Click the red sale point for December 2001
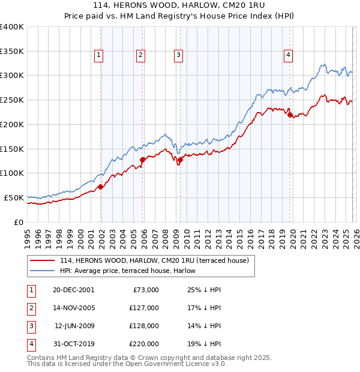pos(101,187)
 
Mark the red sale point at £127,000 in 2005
pos(143,160)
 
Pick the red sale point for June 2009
pos(180,159)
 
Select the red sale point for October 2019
pos(290,115)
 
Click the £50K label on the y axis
pos(14,197)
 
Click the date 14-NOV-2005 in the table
pos(74,308)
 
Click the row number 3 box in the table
pos(31,326)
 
